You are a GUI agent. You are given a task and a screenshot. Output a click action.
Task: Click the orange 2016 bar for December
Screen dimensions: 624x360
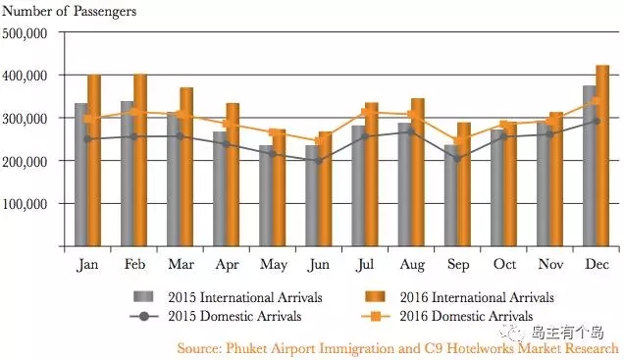[x=602, y=156]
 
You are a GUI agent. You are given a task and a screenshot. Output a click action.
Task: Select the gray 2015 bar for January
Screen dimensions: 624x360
[x=81, y=175]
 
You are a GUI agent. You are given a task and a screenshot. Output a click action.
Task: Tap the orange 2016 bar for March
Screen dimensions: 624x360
[x=186, y=167]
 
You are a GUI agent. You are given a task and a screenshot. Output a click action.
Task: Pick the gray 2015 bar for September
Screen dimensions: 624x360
[x=451, y=195]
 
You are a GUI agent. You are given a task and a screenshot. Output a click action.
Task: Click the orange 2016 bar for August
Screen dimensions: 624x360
[x=417, y=173]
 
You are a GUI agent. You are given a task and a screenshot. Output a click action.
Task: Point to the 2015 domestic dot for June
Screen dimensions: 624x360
[x=318, y=161]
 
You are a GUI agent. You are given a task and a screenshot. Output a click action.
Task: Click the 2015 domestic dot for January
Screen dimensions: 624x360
[x=87, y=139]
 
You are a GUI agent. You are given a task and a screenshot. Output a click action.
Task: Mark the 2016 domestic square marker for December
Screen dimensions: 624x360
[x=597, y=101]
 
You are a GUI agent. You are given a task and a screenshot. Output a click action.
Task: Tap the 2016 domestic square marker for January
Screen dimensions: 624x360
[x=88, y=119]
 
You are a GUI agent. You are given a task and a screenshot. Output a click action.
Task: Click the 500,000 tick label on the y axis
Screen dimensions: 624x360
[x=25, y=33]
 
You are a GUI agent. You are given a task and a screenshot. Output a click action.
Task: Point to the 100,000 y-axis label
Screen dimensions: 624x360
[x=25, y=204]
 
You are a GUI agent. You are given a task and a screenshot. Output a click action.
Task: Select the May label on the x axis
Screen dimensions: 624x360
[x=274, y=265]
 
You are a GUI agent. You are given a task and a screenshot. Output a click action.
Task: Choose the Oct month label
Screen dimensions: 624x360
[x=504, y=264]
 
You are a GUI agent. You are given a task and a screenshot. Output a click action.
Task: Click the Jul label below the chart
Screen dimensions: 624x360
[x=365, y=265]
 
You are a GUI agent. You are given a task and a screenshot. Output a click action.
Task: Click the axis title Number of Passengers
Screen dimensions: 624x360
[x=69, y=12]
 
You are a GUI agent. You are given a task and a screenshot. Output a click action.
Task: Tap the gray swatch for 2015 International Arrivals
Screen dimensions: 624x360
[x=143, y=297]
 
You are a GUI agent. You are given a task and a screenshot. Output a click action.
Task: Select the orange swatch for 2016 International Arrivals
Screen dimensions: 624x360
[x=375, y=297]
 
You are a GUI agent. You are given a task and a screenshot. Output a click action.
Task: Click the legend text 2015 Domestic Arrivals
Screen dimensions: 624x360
[x=234, y=316]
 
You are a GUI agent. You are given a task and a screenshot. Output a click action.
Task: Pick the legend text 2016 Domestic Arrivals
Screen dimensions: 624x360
[x=466, y=316]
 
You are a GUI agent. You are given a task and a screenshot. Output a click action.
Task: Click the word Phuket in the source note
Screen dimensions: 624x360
[x=246, y=348]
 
